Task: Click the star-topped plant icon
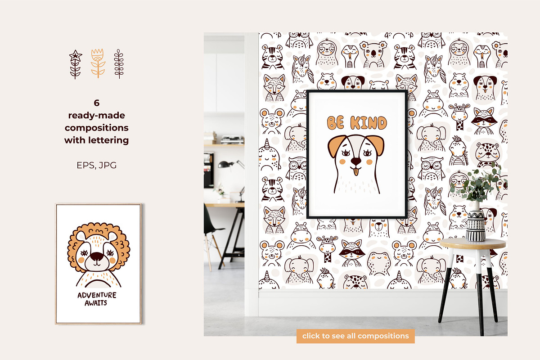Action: (x=76, y=64)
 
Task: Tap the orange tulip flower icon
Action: (x=98, y=63)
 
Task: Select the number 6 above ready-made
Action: (x=96, y=103)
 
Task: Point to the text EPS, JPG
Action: (x=96, y=166)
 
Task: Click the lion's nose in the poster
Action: (x=97, y=256)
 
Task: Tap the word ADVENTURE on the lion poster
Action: (x=97, y=295)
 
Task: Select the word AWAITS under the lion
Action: (x=96, y=303)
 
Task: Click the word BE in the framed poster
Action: (x=335, y=123)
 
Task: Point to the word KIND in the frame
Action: (x=369, y=123)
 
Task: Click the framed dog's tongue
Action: (x=356, y=172)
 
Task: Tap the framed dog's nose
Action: (x=356, y=161)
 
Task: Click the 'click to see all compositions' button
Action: (x=355, y=336)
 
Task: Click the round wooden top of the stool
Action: (x=472, y=244)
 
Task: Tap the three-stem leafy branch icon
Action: (x=119, y=64)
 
